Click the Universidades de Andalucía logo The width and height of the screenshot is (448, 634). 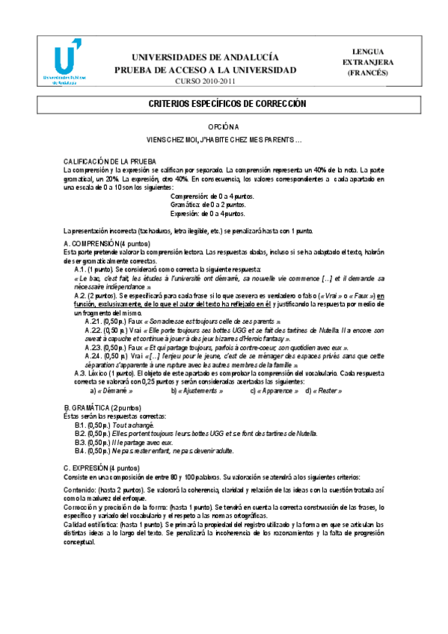[70, 64]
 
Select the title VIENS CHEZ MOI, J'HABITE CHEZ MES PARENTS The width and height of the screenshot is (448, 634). [224, 140]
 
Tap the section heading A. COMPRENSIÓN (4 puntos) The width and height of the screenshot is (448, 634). [107, 244]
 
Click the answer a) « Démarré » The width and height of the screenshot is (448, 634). [111, 390]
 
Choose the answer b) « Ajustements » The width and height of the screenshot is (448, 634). [197, 390]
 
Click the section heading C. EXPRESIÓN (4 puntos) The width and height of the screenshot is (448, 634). [100, 467]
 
